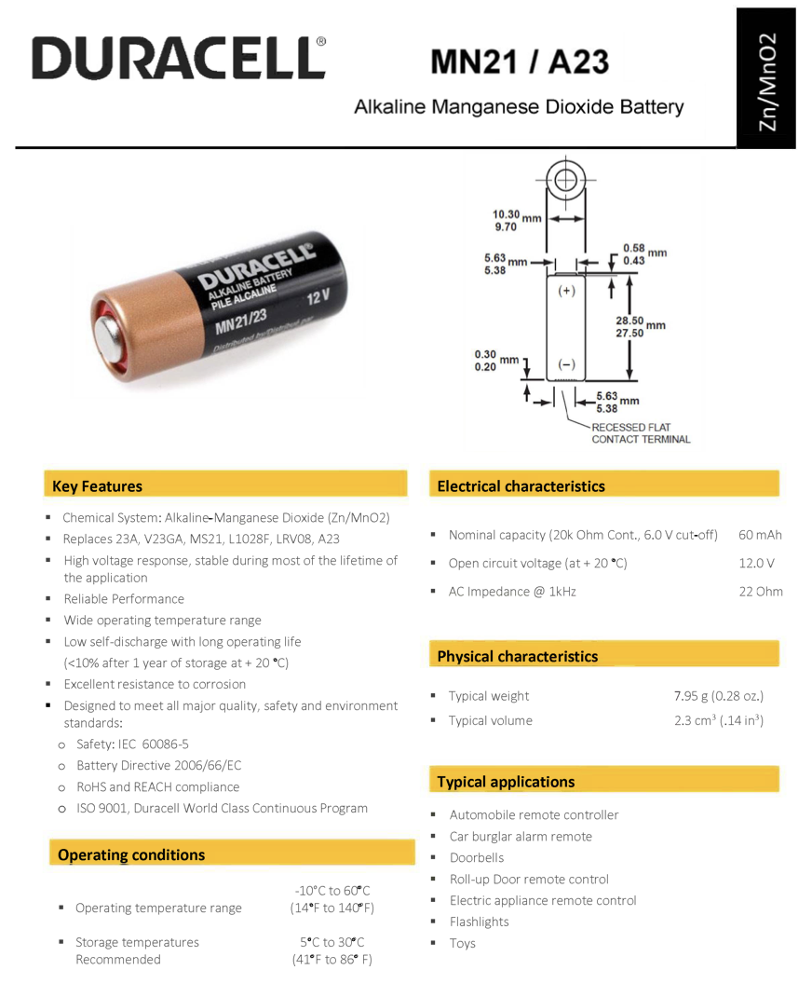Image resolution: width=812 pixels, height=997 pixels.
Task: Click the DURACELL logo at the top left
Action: tap(179, 58)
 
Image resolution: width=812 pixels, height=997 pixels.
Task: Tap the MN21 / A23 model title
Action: tap(520, 62)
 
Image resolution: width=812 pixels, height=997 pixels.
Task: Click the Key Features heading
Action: tap(98, 486)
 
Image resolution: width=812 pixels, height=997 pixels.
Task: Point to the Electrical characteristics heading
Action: tap(521, 486)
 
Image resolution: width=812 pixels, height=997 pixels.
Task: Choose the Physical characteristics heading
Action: tap(517, 657)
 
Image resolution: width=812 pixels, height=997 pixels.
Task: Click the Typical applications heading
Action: tap(506, 782)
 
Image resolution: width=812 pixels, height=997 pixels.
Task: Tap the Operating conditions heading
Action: tap(131, 854)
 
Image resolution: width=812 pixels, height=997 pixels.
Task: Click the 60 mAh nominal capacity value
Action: tap(760, 535)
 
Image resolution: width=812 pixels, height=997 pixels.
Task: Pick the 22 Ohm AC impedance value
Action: tap(760, 591)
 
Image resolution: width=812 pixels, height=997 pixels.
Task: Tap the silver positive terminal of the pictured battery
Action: tap(111, 341)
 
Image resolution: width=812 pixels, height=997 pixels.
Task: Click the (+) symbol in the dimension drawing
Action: tap(566, 291)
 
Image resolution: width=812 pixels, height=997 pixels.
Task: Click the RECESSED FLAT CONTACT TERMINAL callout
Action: tap(641, 433)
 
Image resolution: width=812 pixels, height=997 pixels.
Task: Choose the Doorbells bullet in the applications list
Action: tap(476, 857)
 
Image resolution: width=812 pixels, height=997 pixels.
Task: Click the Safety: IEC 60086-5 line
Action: tap(132, 744)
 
